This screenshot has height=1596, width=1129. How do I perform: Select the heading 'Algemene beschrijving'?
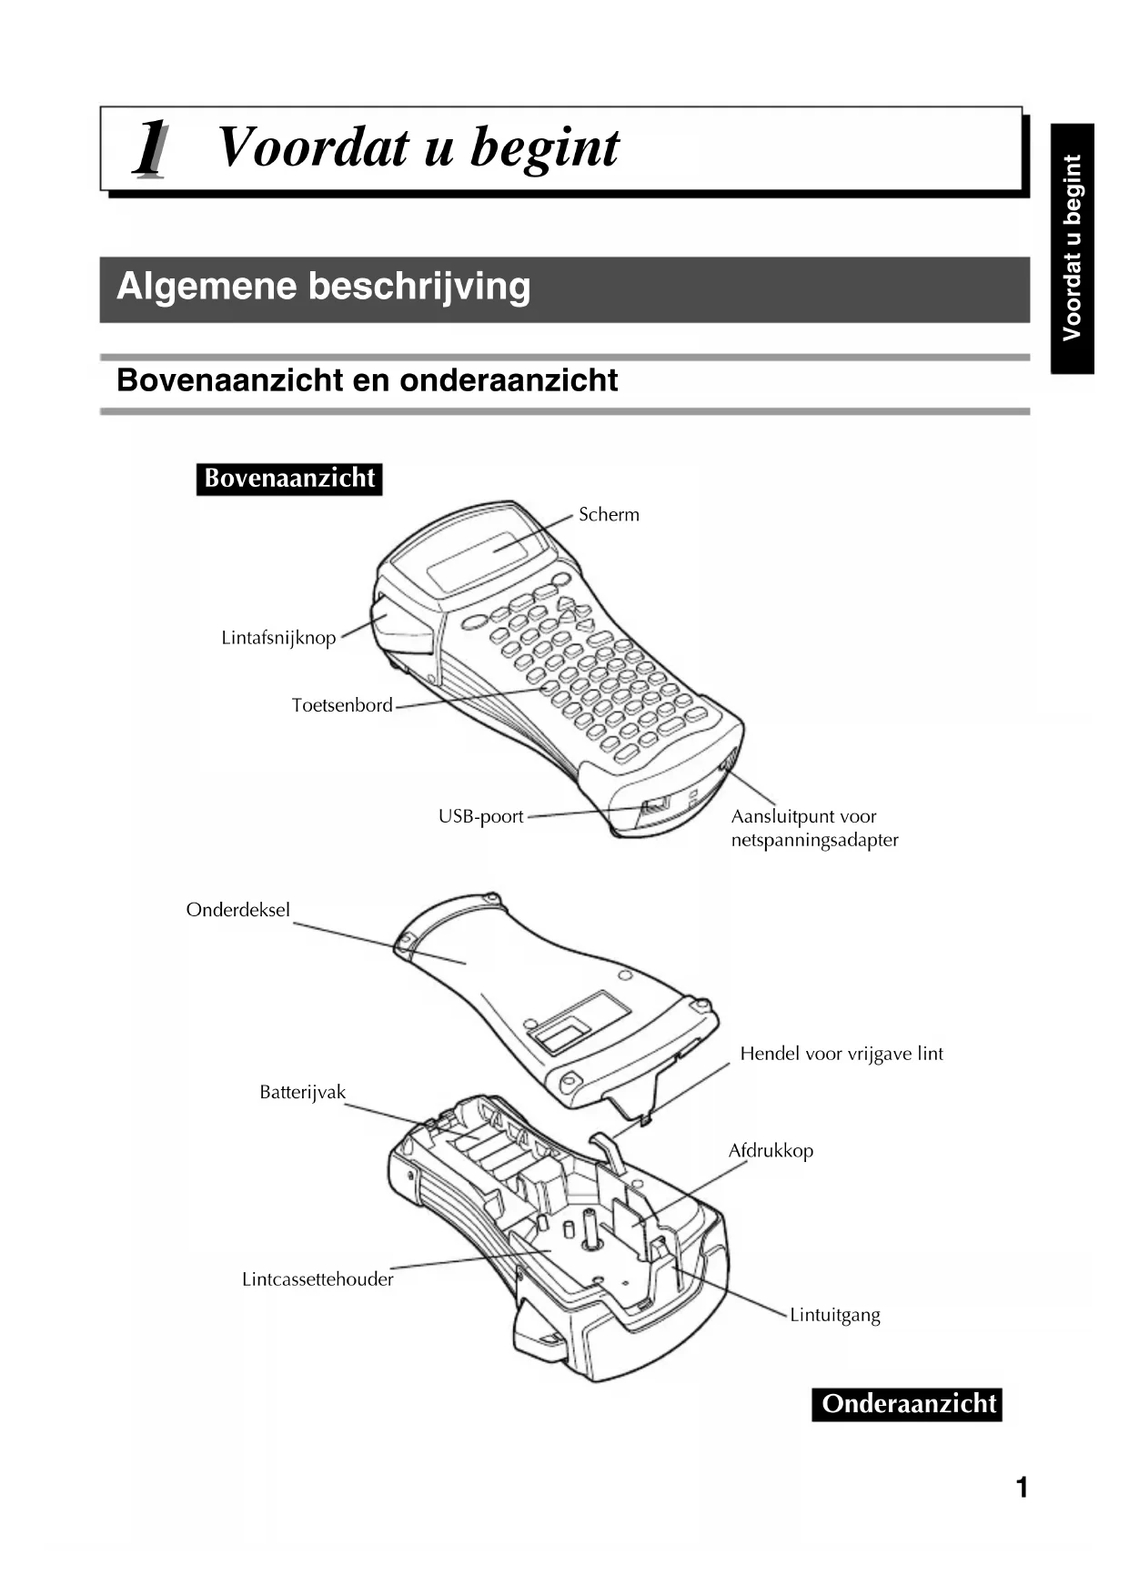[x=323, y=287]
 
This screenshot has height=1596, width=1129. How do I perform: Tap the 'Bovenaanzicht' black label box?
[x=289, y=479]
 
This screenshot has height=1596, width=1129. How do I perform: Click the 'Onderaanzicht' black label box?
[x=908, y=1403]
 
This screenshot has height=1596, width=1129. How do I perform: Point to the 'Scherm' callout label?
[x=609, y=515]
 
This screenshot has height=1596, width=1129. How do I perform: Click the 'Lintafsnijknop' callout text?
[x=278, y=638]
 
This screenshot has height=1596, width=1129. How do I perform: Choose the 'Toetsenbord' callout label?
[x=342, y=705]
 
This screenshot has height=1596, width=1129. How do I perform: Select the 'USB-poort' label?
[x=480, y=817]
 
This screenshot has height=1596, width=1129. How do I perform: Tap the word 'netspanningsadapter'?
[x=814, y=841]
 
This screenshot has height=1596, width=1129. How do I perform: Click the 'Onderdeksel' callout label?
[x=238, y=910]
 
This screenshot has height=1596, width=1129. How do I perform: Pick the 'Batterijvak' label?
[x=302, y=1092]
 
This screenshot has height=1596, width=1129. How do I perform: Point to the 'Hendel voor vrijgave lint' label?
[x=841, y=1054]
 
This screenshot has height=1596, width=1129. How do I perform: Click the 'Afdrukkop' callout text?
[x=771, y=1151]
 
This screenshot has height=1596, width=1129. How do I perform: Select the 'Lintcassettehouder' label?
[x=318, y=1279]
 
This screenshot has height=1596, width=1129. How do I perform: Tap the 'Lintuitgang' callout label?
[x=834, y=1315]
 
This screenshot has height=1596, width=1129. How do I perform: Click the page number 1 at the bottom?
[x=1022, y=1488]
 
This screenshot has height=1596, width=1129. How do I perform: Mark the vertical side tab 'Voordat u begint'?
[x=1072, y=247]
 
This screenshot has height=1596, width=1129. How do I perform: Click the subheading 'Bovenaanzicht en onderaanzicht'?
[x=367, y=380]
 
